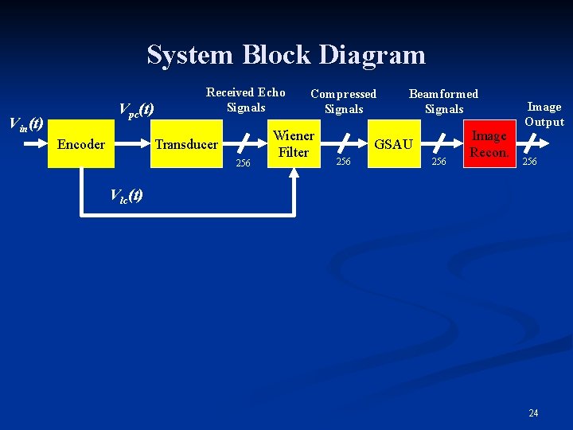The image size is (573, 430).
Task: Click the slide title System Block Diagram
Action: pyautogui.click(x=286, y=55)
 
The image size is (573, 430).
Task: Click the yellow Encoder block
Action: pyautogui.click(x=81, y=144)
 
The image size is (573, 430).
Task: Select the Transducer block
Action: pyautogui.click(x=186, y=144)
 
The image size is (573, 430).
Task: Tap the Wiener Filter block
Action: pyautogui.click(x=294, y=144)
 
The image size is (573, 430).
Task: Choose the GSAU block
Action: pyautogui.click(x=393, y=144)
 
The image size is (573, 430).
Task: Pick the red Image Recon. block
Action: pyautogui.click(x=489, y=144)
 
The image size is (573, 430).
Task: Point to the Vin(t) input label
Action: pyautogui.click(x=25, y=124)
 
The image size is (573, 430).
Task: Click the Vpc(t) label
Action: pyautogui.click(x=135, y=109)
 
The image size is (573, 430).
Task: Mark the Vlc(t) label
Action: pyautogui.click(x=126, y=195)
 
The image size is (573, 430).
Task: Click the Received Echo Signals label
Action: pyautogui.click(x=245, y=100)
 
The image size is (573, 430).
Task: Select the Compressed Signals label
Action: pyautogui.click(x=343, y=102)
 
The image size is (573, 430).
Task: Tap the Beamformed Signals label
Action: pyautogui.click(x=443, y=102)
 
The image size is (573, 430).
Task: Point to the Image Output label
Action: pyautogui.click(x=544, y=114)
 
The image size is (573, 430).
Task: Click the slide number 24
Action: pyautogui.click(x=533, y=412)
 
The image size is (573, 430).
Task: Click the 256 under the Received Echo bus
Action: pyautogui.click(x=244, y=163)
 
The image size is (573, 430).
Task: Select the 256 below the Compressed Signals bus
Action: pyautogui.click(x=343, y=162)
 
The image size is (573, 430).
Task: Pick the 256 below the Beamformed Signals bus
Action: pyautogui.click(x=439, y=162)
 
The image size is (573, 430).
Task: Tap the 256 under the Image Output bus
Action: pyautogui.click(x=528, y=162)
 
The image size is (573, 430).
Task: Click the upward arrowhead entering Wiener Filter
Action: pyautogui.click(x=294, y=173)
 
